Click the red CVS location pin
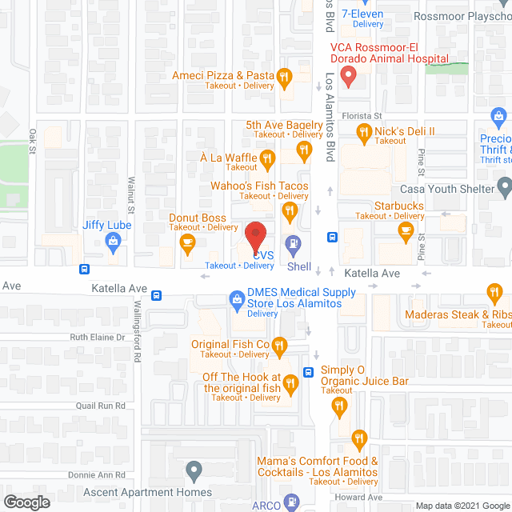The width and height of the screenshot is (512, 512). point(254,234)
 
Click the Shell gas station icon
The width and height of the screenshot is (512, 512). point(294,244)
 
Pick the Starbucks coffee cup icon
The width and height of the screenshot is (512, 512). point(406,231)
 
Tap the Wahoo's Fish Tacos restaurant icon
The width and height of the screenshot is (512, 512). point(290,210)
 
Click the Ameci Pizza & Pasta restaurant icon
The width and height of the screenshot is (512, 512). point(283,77)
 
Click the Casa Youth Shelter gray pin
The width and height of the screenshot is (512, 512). point(504,188)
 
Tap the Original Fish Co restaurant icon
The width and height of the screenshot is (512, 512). point(278,346)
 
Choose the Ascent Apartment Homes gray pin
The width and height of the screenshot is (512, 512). point(193,470)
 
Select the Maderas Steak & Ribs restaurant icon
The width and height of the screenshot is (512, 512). point(494,293)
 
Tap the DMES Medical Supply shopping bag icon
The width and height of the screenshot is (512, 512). point(237,300)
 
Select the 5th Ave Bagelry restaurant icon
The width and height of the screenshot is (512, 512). point(305,150)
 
